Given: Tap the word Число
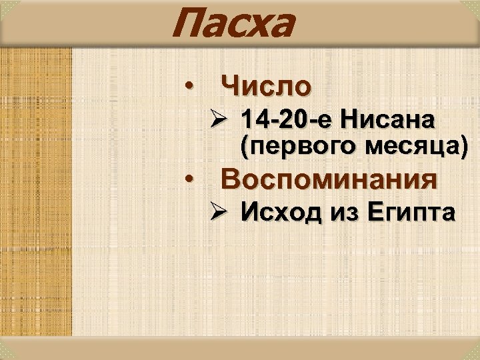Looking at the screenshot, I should [x=265, y=86].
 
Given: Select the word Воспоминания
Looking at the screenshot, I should [x=329, y=179].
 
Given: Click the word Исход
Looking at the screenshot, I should [x=283, y=213].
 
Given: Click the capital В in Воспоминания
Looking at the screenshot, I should [x=231, y=179].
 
